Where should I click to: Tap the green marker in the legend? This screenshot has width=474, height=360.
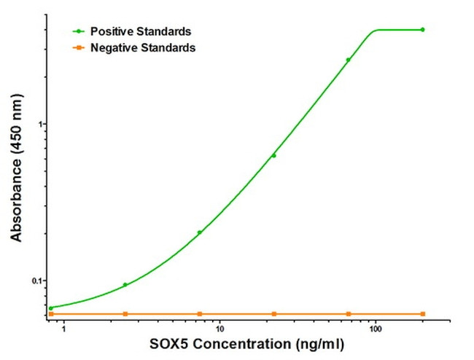tap(78, 31)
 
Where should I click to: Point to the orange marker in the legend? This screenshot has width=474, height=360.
tap(78, 47)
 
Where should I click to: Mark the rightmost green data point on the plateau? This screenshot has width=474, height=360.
tap(422, 30)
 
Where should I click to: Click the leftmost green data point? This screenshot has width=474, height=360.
tap(51, 308)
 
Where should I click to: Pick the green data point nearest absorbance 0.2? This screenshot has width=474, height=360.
tap(199, 232)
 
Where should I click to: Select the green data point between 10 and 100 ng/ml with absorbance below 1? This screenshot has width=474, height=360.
tap(274, 155)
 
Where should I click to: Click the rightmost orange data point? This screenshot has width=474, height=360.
tap(422, 314)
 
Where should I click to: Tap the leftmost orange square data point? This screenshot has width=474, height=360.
tap(51, 314)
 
